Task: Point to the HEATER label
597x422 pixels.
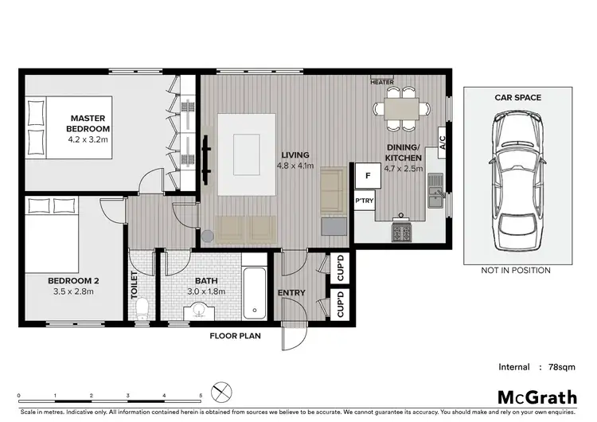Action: click(383, 82)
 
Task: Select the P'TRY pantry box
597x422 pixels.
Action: click(365, 201)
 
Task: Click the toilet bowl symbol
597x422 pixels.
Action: click(142, 309)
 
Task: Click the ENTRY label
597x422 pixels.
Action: click(291, 293)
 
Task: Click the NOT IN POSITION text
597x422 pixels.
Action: click(515, 271)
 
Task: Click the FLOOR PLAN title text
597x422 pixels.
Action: click(235, 336)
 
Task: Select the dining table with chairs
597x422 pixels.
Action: click(400, 108)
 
